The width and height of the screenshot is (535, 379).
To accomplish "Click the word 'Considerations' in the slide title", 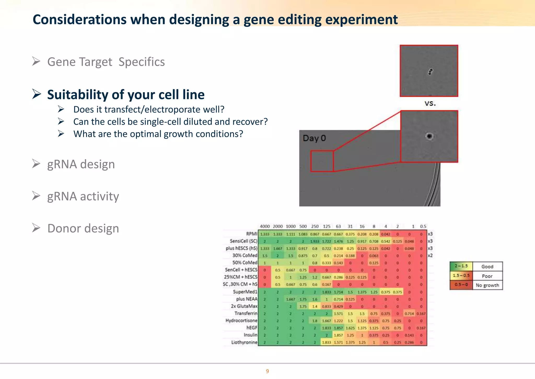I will click(x=79, y=20).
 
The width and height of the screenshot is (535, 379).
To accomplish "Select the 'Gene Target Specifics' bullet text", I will click(x=106, y=62).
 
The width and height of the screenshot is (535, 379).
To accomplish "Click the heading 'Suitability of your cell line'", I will click(x=126, y=94).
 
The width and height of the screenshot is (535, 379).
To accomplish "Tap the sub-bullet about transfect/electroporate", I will click(x=149, y=109).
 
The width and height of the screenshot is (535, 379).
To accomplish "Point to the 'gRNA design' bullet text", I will click(x=81, y=164).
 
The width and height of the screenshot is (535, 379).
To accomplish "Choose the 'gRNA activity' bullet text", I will click(x=83, y=196).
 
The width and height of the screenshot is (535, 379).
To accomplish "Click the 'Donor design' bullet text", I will click(x=83, y=228).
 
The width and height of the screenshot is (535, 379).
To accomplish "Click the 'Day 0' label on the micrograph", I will click(x=314, y=138).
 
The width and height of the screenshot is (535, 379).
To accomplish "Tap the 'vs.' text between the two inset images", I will click(x=430, y=103).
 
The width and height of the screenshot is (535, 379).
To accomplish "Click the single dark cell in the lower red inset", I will click(x=429, y=136).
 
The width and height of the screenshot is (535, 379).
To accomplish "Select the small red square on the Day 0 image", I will click(x=322, y=161).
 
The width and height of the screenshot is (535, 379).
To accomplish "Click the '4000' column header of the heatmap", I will click(x=265, y=226).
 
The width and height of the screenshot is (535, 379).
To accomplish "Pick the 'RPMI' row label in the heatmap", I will click(x=252, y=234).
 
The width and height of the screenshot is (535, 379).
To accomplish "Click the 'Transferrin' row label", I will click(x=246, y=313).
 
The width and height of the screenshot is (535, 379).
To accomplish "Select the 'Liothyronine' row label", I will click(x=244, y=342).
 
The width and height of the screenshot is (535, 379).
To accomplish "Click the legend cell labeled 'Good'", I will click(x=487, y=266).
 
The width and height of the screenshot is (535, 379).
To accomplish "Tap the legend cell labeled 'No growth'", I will click(x=487, y=285).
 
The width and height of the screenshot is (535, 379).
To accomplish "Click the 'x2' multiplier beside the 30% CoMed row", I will click(x=430, y=255).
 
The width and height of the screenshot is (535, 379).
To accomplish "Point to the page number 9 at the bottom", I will click(x=267, y=371).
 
